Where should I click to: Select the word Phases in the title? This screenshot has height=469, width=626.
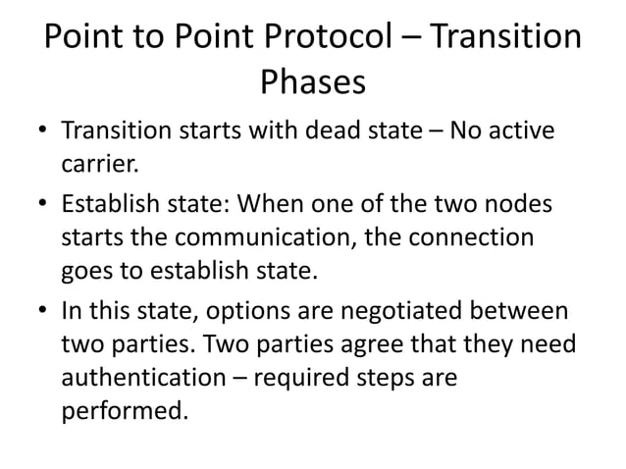[313, 82]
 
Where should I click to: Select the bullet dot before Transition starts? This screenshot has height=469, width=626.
[44, 130]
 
